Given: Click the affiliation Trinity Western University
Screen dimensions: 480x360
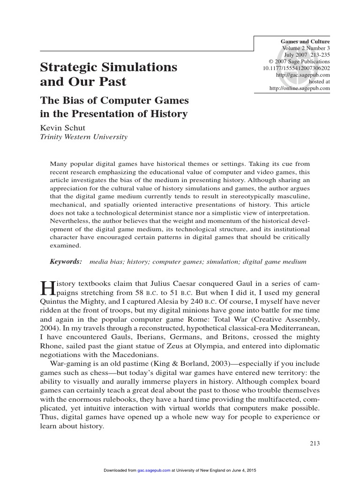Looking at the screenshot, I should click(83, 137).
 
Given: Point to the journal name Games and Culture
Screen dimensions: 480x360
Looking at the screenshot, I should click(305, 41).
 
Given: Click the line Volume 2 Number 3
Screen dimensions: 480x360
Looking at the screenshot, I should click(306, 48).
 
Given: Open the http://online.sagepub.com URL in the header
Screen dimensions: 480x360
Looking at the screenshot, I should click(300, 88).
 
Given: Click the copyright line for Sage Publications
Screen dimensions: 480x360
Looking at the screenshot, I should click(299, 61).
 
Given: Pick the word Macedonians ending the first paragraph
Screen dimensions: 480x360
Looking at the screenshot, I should click(135, 355).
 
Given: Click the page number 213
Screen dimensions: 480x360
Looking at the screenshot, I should click(315, 443).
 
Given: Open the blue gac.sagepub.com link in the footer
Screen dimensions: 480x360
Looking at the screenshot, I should click(154, 470).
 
